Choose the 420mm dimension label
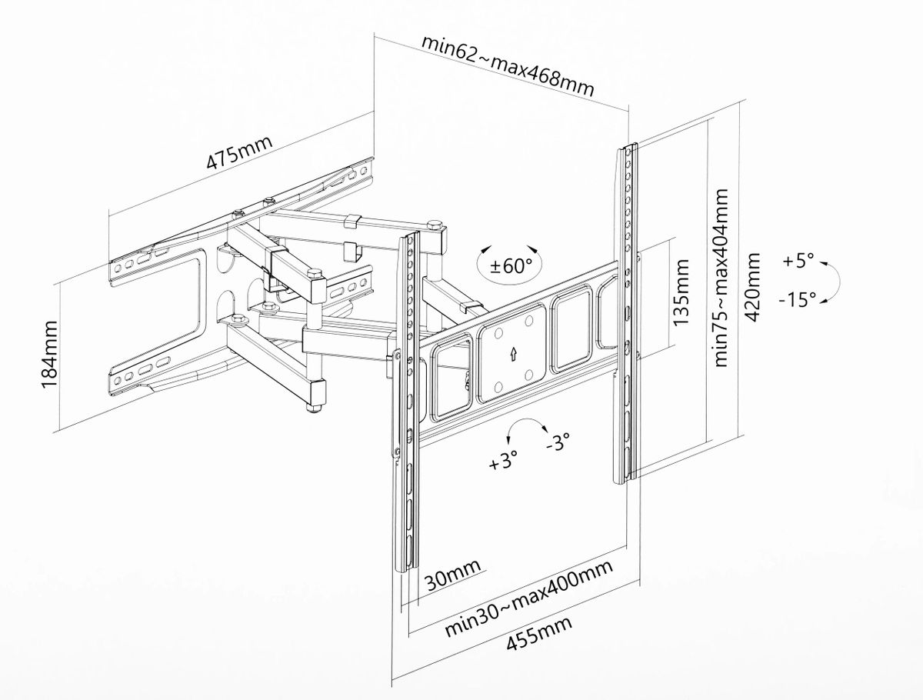[755, 287]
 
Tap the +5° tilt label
[798, 261]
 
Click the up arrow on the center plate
[513, 353]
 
